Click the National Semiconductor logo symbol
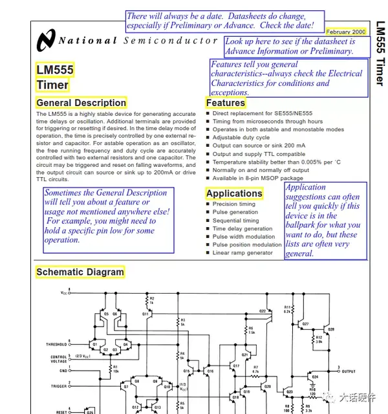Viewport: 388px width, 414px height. coord(47,39)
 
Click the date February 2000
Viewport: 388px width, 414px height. coord(346,32)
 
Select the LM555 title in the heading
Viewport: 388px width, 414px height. coord(55,70)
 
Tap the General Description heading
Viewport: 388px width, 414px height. coord(81,103)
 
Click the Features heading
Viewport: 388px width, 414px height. coord(226,103)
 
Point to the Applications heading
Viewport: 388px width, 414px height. coord(233,193)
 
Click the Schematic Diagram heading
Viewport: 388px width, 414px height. coord(80,272)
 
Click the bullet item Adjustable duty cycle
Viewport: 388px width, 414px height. coord(241,138)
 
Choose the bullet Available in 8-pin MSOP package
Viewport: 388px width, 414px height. coord(257,179)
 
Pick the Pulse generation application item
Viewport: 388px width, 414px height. coord(235,212)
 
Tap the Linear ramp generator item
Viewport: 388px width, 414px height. coord(242,253)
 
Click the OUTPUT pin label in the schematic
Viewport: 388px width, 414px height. coord(349,371)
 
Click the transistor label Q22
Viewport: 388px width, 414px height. coord(263,311)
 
